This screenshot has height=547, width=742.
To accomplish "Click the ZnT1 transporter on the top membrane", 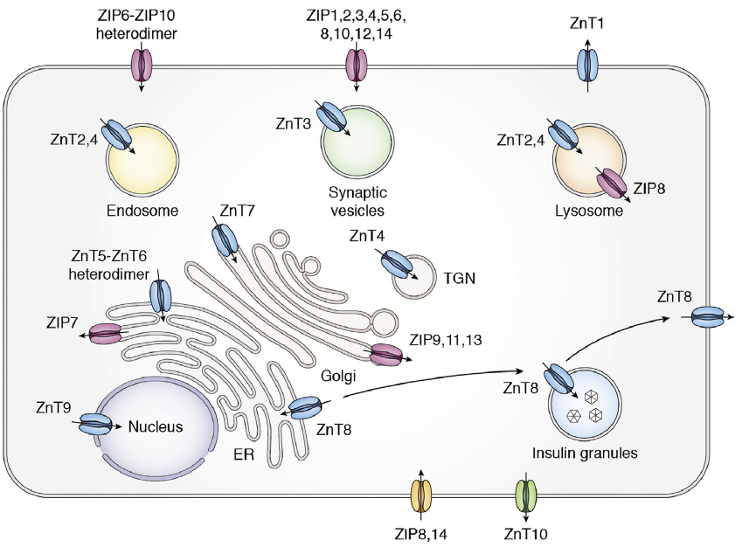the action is (587, 66).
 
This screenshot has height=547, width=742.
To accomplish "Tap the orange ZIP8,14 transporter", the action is (421, 495).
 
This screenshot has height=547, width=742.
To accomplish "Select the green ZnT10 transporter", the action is (526, 495).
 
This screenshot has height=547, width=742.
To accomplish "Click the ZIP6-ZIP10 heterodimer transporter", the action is (142, 66).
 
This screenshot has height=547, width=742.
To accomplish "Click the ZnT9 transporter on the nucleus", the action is (94, 424).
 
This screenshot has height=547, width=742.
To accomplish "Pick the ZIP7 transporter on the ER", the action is (105, 334).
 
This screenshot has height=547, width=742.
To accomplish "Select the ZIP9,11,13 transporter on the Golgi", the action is (386, 355).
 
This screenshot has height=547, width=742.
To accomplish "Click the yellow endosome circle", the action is (142, 161).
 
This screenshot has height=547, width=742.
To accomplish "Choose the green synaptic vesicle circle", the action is (357, 142).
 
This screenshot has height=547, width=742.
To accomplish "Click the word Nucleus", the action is (156, 426).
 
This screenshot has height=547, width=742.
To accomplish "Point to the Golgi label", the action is (338, 376).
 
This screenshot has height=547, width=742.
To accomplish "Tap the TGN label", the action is (460, 278).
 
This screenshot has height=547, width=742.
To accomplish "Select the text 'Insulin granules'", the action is (585, 453).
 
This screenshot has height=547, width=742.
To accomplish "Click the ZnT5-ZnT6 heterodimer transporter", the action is (161, 295).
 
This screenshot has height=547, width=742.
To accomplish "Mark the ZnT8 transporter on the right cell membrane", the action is (708, 316).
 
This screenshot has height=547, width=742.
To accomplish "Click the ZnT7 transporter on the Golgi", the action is (224, 240).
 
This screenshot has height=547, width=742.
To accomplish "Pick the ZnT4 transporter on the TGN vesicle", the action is (397, 264).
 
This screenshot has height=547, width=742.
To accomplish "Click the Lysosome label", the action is (589, 211).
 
